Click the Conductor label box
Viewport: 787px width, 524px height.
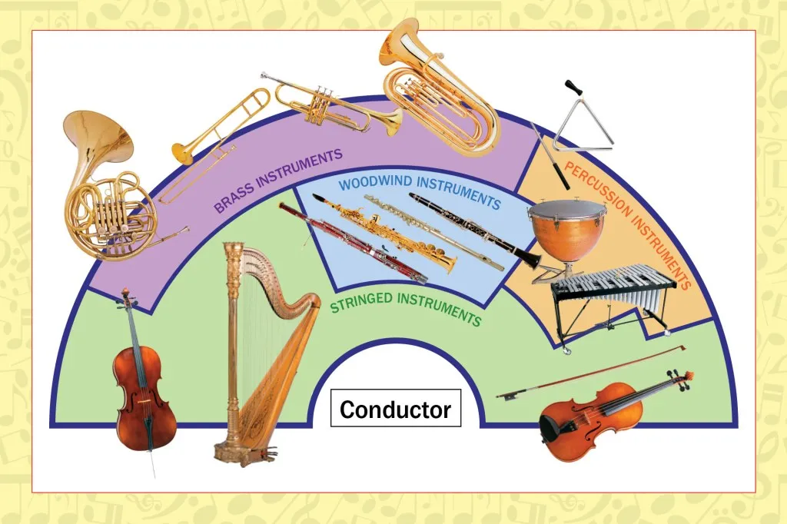pos(396,409)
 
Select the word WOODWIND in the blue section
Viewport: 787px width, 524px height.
pos(375,182)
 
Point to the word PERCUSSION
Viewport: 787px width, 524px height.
pos(597,189)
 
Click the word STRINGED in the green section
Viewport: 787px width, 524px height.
pos(361,303)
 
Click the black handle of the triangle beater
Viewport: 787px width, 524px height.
pos(573,88)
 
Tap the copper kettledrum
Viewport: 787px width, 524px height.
pos(566,230)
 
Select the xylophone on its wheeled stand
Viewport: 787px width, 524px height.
pos(613,302)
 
